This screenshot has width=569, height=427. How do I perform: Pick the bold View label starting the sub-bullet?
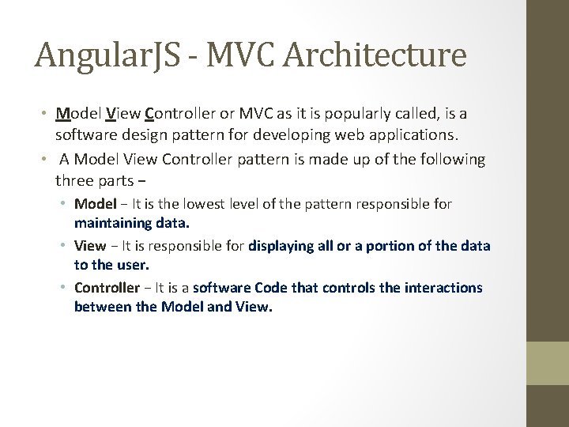point(89,246)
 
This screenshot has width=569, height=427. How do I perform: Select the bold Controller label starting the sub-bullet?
point(107,288)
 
